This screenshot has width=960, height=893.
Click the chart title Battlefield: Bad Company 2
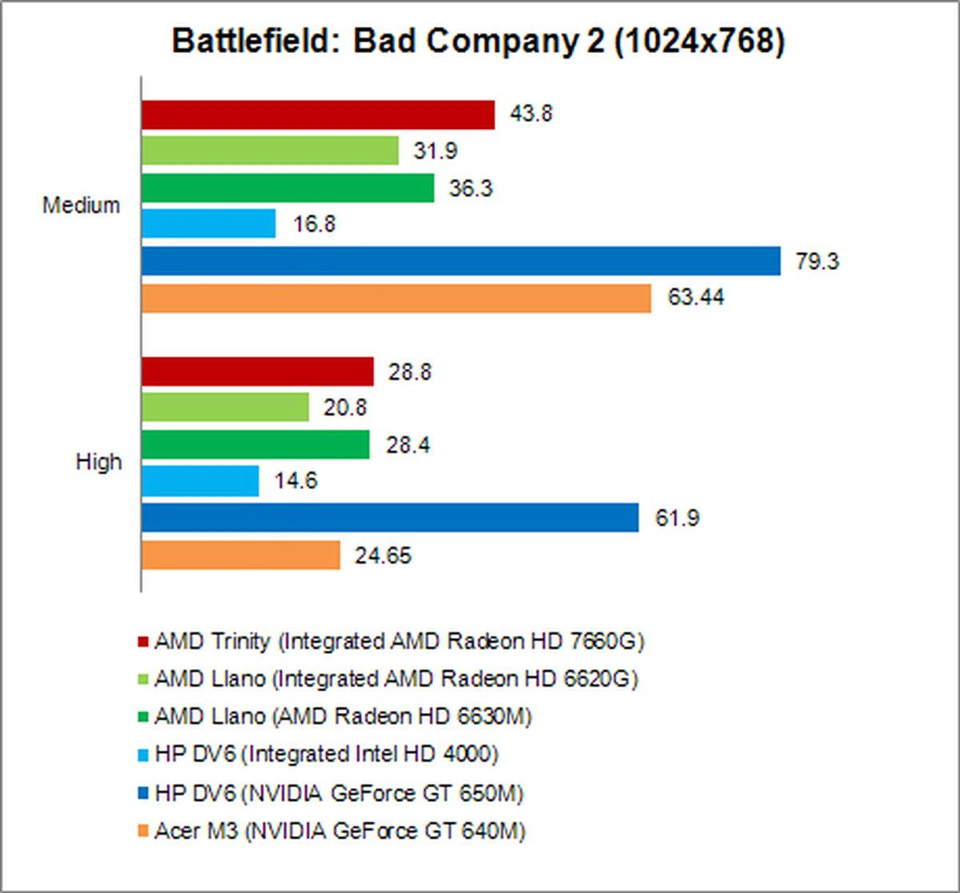click(478, 41)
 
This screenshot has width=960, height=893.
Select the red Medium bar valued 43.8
click(318, 115)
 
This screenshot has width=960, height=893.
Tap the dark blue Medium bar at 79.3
click(460, 261)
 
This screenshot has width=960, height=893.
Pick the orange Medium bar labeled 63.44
click(396, 298)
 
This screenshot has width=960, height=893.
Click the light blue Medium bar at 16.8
click(208, 223)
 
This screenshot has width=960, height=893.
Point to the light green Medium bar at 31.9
click(270, 150)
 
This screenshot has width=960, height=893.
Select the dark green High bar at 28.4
click(255, 444)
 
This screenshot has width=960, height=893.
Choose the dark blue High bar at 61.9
click(390, 517)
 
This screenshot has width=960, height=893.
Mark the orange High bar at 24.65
click(240, 555)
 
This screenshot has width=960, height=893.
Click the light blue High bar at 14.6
click(200, 481)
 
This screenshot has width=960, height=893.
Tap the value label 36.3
click(470, 188)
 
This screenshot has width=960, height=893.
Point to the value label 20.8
click(345, 407)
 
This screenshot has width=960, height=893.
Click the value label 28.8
click(410, 372)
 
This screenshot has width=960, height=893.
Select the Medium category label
click(81, 205)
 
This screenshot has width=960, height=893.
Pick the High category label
click(99, 462)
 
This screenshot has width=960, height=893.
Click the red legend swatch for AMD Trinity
click(143, 641)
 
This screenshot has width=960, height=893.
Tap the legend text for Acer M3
click(340, 831)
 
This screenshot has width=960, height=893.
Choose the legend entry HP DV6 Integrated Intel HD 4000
click(326, 754)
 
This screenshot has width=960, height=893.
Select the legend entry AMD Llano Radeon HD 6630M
click(343, 716)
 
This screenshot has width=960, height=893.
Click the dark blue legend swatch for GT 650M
click(143, 793)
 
